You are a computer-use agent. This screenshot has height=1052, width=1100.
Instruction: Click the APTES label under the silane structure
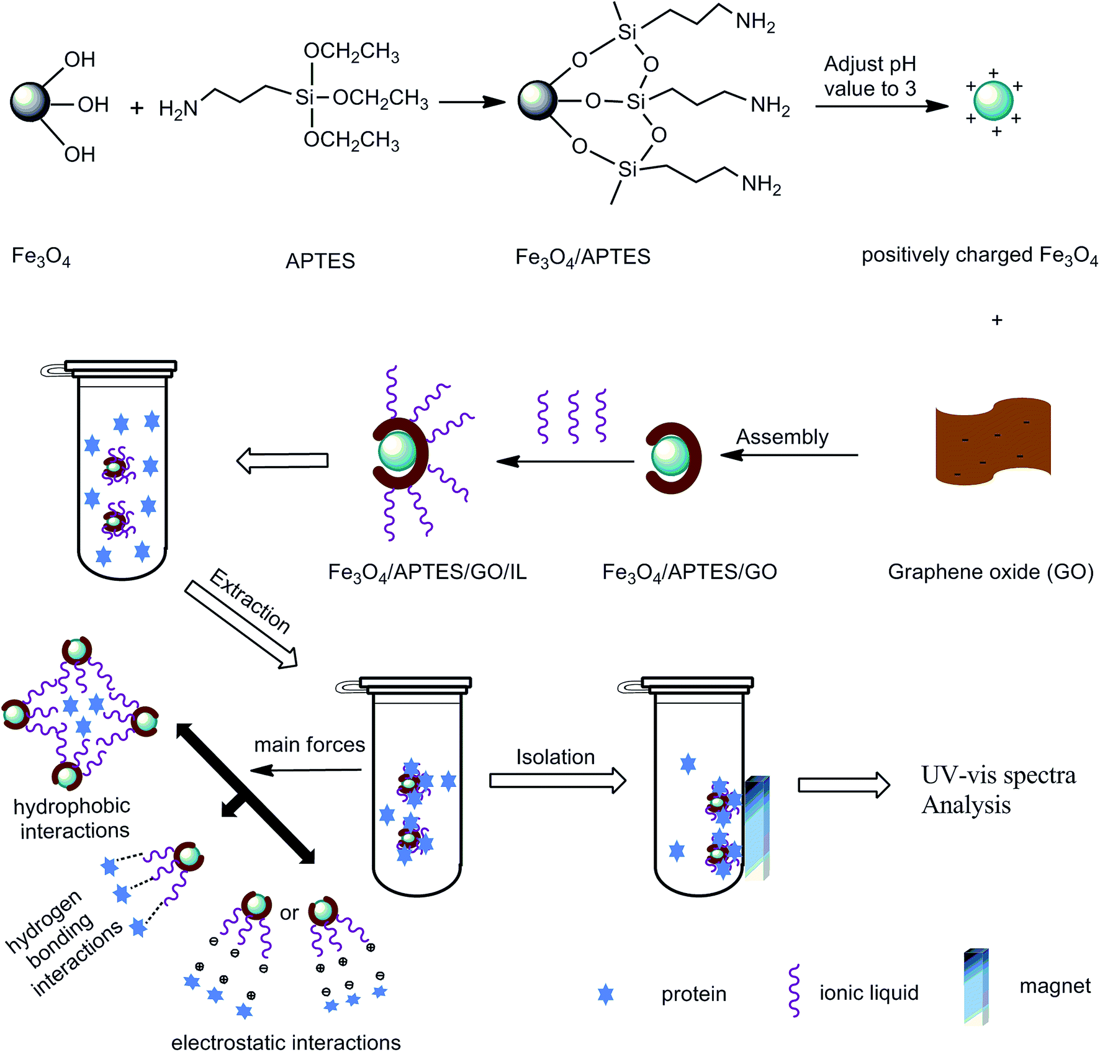pyautogui.click(x=320, y=261)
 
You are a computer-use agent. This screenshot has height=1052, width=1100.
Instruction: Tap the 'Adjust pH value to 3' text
pyautogui.click(x=870, y=76)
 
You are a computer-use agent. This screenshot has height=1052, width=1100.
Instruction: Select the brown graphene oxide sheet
pyautogui.click(x=993, y=441)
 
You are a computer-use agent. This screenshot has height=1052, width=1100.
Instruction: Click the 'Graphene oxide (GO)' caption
pyautogui.click(x=991, y=572)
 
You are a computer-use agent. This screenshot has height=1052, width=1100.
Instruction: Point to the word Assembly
pyautogui.click(x=782, y=437)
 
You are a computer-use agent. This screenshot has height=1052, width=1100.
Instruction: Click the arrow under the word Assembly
pyautogui.click(x=789, y=456)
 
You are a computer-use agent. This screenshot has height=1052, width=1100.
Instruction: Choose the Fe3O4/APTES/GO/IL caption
pyautogui.click(x=427, y=572)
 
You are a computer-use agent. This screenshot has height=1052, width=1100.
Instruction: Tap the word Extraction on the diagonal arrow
pyautogui.click(x=250, y=601)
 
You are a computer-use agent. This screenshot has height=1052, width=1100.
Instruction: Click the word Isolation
pyautogui.click(x=556, y=757)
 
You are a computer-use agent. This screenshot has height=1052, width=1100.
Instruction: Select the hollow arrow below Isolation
pyautogui.click(x=557, y=780)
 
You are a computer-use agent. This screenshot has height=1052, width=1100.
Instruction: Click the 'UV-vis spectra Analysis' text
pyautogui.click(x=998, y=789)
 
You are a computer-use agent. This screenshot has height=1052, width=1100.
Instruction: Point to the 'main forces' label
pyautogui.click(x=310, y=744)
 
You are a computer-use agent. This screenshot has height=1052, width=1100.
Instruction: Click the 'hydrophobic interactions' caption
pyautogui.click(x=73, y=818)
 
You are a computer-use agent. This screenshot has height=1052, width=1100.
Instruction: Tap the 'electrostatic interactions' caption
pyautogui.click(x=286, y=1042)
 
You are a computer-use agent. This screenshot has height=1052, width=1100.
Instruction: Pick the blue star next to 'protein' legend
pyautogui.click(x=605, y=994)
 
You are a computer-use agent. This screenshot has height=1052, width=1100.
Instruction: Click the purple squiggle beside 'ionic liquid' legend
pyautogui.click(x=793, y=991)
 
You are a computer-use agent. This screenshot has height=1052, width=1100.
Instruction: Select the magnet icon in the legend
pyautogui.click(x=976, y=986)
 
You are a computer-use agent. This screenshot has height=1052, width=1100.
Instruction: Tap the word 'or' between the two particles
pyautogui.click(x=289, y=913)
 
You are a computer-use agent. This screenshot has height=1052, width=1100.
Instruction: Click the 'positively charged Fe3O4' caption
pyautogui.click(x=980, y=256)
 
